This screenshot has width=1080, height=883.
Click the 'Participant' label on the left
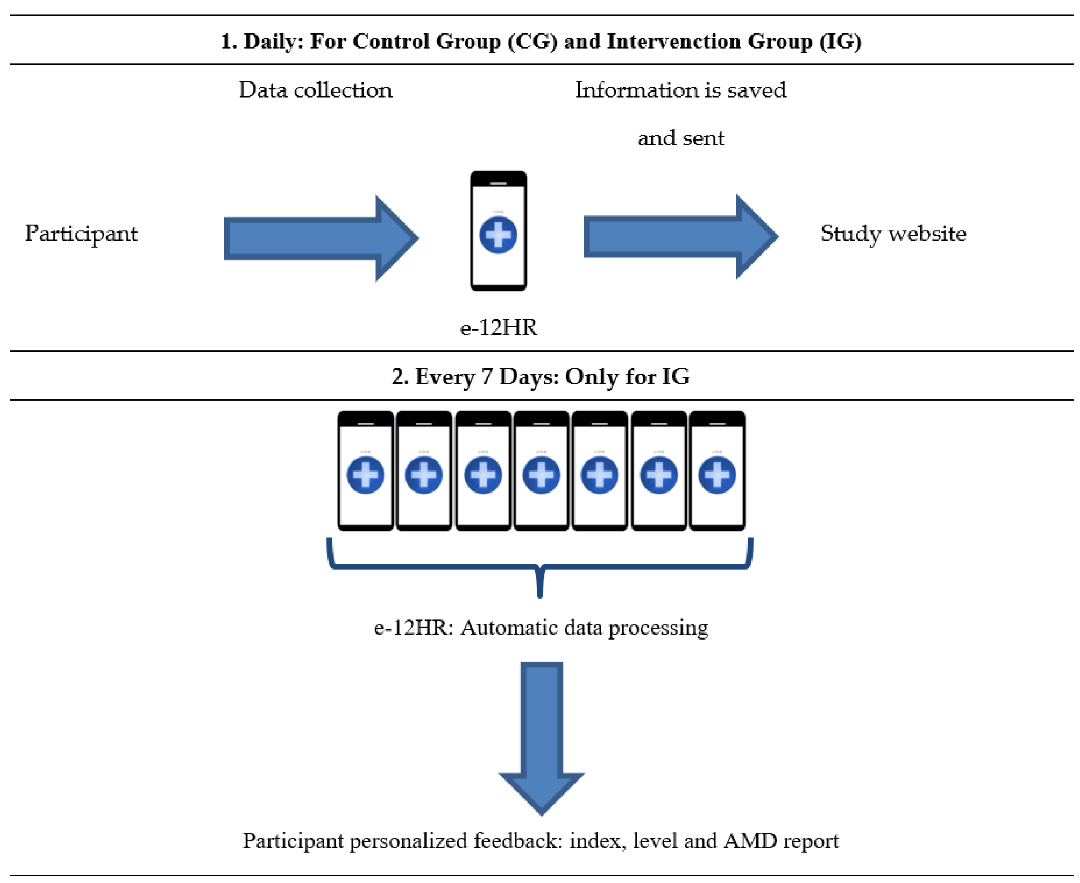(81, 234)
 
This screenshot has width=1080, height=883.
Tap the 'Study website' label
(893, 234)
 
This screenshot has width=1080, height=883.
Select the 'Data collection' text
(315, 90)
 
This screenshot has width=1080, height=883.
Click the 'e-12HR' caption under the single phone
(498, 327)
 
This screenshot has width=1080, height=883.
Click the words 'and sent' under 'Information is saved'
(681, 138)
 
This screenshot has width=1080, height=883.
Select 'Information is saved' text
(681, 90)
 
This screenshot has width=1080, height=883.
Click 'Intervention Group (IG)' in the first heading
(734, 42)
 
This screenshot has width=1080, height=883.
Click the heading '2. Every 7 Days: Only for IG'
(540, 377)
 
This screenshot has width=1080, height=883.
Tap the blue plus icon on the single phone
(498, 235)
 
